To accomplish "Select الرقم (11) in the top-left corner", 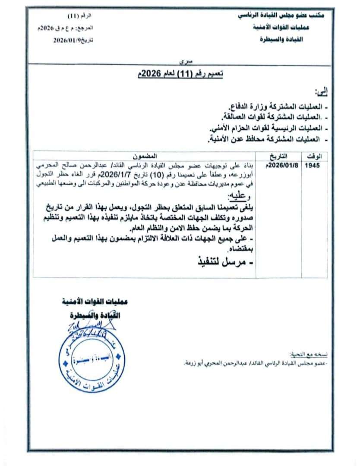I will (80, 16).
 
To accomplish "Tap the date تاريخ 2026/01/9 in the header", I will (73, 40).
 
